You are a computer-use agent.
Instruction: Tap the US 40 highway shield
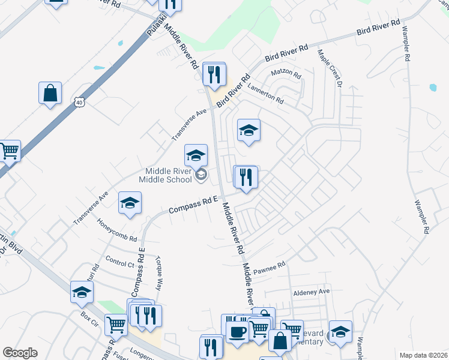pyautogui.click(x=79, y=103)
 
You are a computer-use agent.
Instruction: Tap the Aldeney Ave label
pyautogui.click(x=312, y=292)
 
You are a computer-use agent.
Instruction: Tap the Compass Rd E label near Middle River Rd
pyautogui.click(x=191, y=206)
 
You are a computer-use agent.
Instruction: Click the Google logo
pyautogui.click(x=20, y=353)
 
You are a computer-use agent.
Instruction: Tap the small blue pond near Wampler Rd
pyautogui.click(x=433, y=88)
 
